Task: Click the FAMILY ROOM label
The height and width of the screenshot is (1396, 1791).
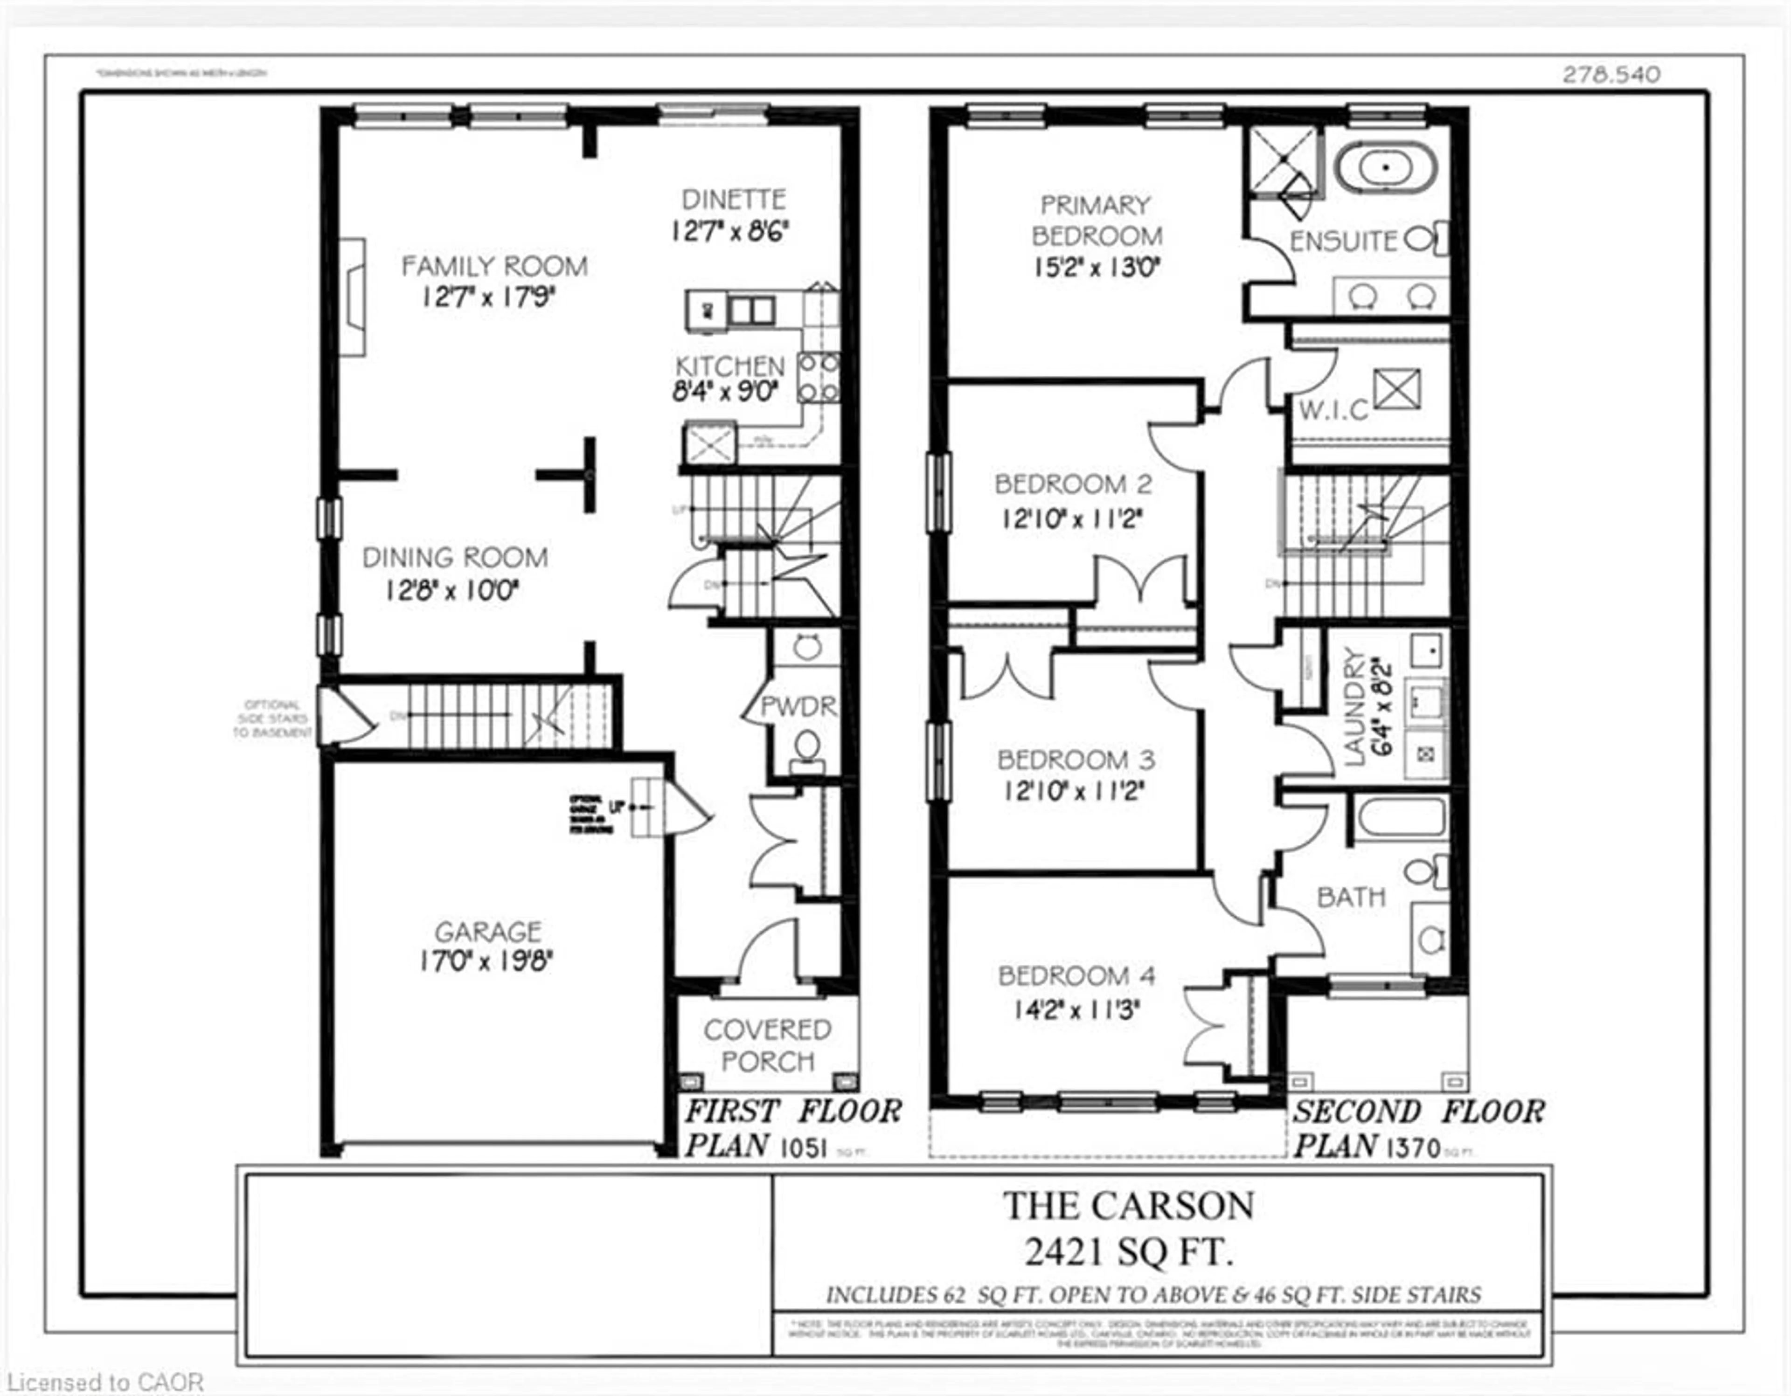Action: click(494, 266)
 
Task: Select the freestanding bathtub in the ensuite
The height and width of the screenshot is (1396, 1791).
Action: click(1385, 168)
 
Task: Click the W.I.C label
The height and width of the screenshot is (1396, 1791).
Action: click(1334, 410)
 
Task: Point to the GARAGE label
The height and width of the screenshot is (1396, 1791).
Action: click(488, 932)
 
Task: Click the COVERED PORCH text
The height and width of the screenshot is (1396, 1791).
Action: click(768, 1045)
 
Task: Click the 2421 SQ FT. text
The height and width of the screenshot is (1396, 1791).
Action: click(1128, 1252)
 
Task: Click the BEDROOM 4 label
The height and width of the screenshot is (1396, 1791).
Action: click(1076, 976)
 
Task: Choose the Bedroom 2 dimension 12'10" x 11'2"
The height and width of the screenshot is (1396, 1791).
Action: click(1072, 519)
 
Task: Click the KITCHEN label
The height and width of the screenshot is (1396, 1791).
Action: click(730, 366)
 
